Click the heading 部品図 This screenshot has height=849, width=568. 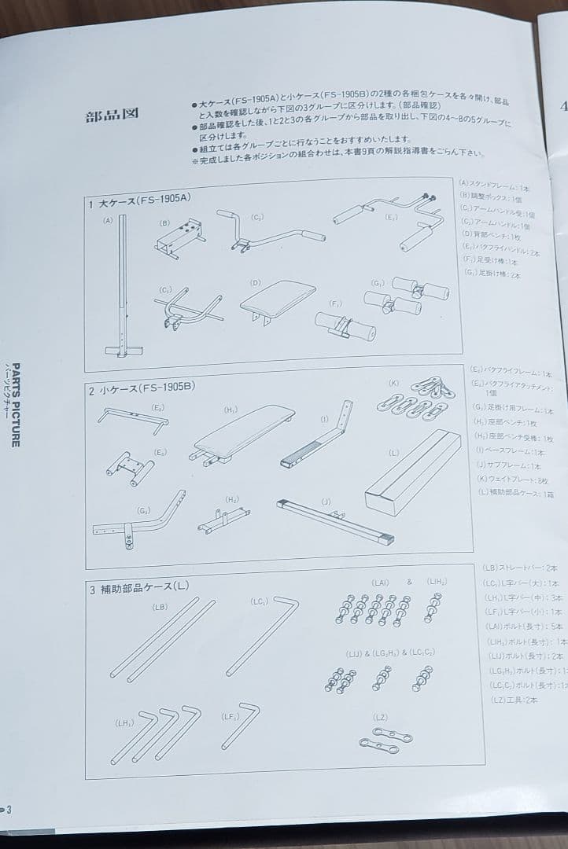(112, 116)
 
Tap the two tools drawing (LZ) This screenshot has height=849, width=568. (385, 741)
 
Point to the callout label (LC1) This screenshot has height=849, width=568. (260, 602)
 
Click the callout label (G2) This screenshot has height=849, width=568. (143, 510)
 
